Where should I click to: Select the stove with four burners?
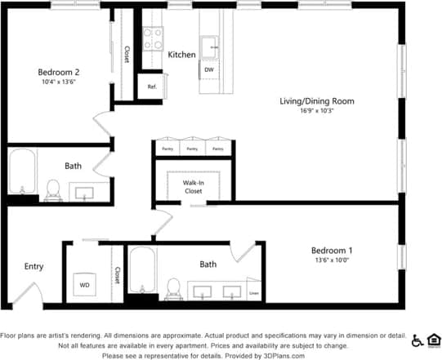point(152,39)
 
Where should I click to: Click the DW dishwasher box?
point(209,70)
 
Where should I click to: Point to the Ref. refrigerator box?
point(152,87)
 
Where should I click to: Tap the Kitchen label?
point(181,55)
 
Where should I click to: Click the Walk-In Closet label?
point(194,187)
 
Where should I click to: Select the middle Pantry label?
point(192,149)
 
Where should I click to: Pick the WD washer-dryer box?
point(84,285)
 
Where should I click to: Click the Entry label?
point(33,266)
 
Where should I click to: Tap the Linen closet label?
point(254,293)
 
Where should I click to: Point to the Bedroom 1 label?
point(332,250)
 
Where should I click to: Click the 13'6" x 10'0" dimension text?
point(332,260)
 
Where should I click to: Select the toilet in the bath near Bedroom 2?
point(55,189)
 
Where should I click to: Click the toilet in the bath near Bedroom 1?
point(172,287)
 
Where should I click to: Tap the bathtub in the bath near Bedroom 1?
point(141,271)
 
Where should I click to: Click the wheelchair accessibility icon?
point(417,340)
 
